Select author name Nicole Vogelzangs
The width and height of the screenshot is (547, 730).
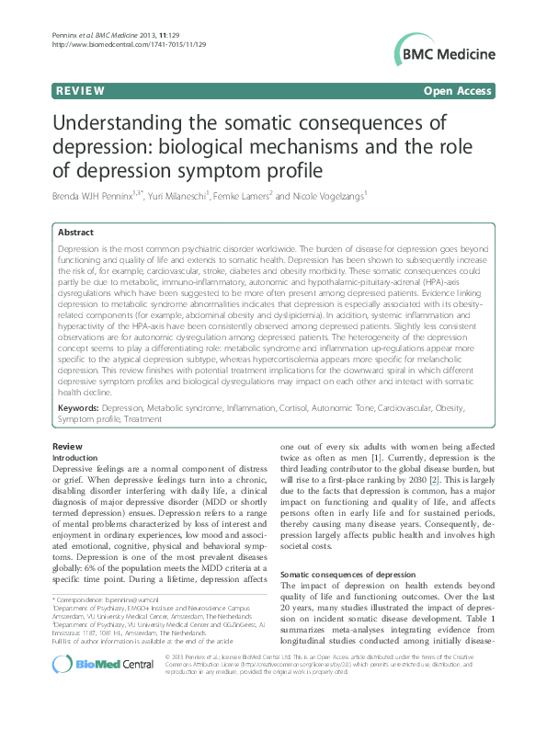tap(330, 195)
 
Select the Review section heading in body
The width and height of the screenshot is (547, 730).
tap(67, 446)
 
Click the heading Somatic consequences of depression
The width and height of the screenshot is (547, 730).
tap(341, 574)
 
